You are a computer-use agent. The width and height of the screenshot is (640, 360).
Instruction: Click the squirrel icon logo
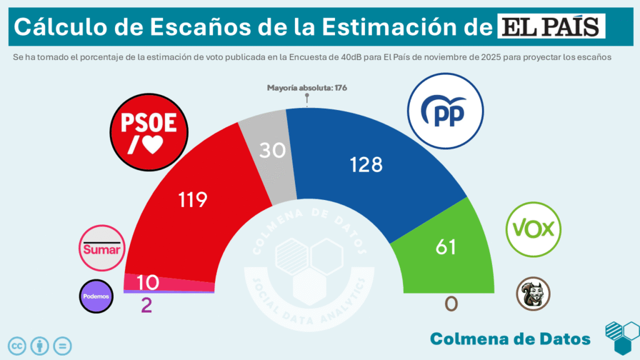(x=533, y=294)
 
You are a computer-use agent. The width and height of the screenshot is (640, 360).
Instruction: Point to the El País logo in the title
(x=552, y=27)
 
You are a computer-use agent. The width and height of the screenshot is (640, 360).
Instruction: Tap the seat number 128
(x=366, y=164)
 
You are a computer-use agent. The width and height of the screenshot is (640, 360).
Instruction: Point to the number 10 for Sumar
(x=147, y=282)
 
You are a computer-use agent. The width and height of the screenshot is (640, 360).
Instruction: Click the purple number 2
(x=146, y=306)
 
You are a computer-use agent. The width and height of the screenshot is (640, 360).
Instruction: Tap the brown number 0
(x=451, y=304)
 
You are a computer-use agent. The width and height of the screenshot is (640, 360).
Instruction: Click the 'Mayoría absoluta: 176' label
(x=306, y=87)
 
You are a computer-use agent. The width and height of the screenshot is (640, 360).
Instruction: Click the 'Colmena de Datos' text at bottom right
(x=510, y=339)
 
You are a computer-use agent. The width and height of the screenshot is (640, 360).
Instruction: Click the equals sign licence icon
(x=62, y=345)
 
